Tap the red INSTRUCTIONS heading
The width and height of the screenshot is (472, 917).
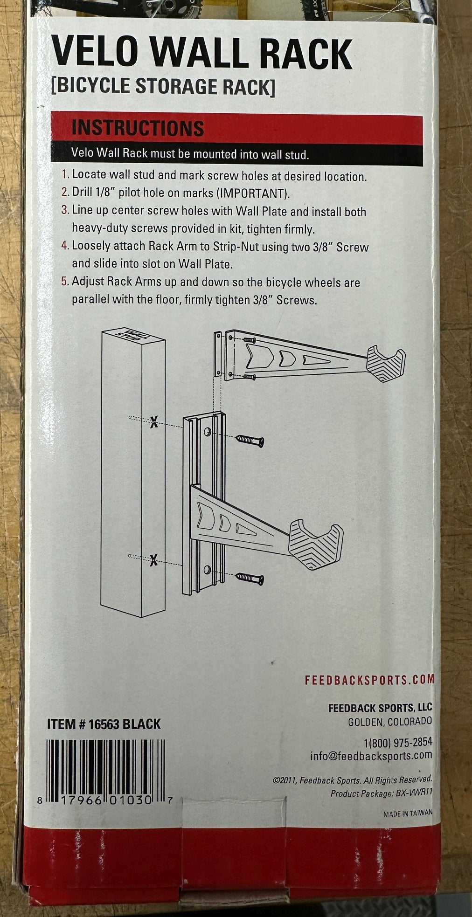pyautogui.click(x=138, y=128)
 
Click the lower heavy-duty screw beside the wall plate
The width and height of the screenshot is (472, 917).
pyautogui.click(x=250, y=579)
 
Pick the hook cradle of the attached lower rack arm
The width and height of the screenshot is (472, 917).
pyautogui.click(x=316, y=546)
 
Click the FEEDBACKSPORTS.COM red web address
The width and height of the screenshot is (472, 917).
pyautogui.click(x=369, y=679)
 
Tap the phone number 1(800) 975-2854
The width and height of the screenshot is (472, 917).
pyautogui.click(x=398, y=742)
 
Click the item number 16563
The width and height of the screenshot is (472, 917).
pyautogui.click(x=104, y=724)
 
